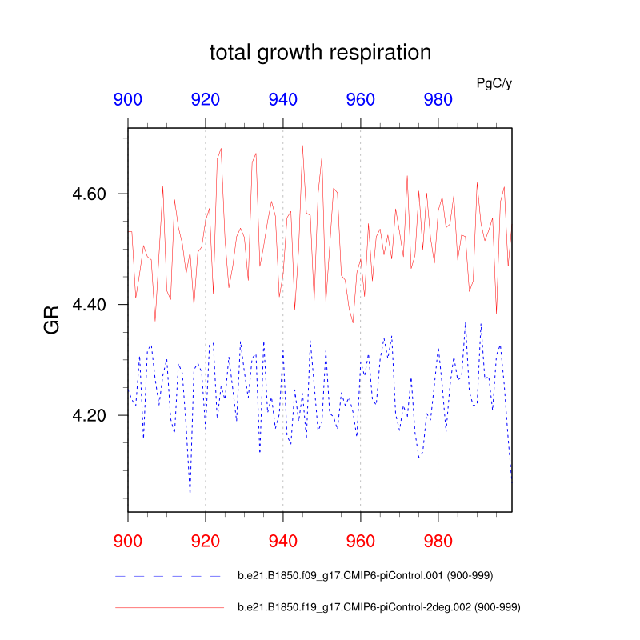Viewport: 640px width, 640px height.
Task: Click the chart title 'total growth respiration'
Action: [x=320, y=53]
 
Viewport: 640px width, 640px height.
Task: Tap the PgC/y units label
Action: [x=494, y=83]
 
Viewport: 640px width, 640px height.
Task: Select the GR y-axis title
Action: [x=53, y=320]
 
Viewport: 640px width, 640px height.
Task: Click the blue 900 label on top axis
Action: [x=128, y=100]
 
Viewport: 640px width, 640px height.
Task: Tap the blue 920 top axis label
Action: [x=206, y=100]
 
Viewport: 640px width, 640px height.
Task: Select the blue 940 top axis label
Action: [x=283, y=100]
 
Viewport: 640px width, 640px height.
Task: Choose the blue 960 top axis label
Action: [x=361, y=100]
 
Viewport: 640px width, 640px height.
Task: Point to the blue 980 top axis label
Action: [x=438, y=100]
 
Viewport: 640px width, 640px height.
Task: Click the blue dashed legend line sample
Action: [x=168, y=576]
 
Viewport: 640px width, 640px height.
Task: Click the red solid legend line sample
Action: [x=168, y=608]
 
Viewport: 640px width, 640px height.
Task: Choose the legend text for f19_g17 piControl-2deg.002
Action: [x=380, y=608]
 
